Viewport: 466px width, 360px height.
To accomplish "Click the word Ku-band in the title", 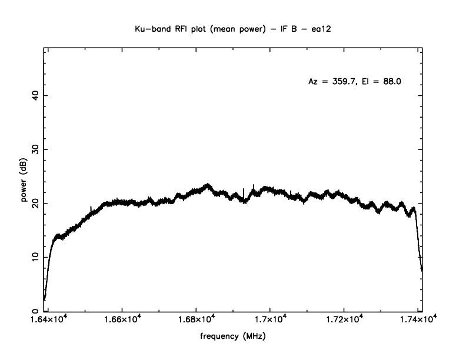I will point(149,28).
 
